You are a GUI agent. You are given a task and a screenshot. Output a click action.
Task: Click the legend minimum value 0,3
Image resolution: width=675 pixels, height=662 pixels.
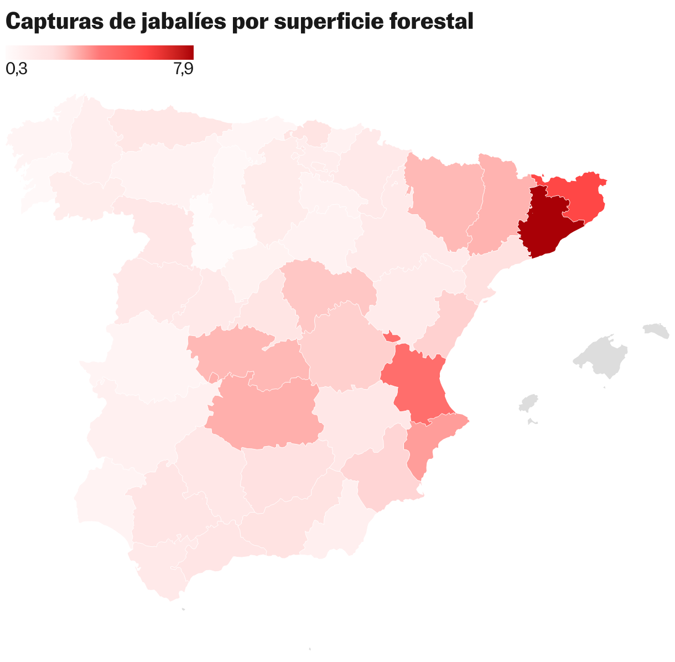tap(17, 69)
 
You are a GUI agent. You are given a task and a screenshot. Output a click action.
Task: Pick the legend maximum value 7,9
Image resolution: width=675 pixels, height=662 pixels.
tap(183, 69)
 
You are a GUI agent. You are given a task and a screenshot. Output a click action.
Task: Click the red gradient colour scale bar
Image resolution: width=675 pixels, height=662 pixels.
tap(100, 52)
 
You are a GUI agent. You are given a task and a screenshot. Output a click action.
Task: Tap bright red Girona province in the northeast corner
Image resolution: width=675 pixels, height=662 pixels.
tap(581, 194)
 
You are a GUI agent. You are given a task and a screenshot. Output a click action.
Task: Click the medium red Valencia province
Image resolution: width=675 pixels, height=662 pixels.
tap(418, 382)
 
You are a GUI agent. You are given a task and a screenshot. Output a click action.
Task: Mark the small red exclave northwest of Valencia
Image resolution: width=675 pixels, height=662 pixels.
tap(392, 337)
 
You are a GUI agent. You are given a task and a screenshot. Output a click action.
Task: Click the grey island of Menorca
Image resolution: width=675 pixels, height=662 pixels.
tap(656, 330)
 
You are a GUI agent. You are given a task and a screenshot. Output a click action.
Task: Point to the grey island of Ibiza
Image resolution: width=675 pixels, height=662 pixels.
tap(529, 402)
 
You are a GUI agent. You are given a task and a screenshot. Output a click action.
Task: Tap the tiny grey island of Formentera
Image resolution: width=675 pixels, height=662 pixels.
tap(533, 422)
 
